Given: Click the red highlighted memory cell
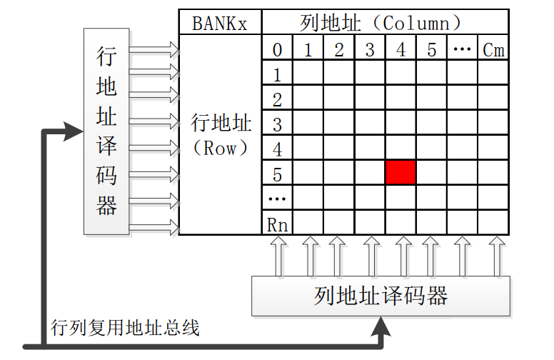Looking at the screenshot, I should click(x=401, y=173).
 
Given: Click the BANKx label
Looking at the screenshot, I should click(x=220, y=22).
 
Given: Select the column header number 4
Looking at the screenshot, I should click(x=401, y=50).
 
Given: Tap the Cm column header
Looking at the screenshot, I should click(x=493, y=50).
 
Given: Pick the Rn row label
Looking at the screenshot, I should click(x=277, y=224).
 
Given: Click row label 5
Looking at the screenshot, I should click(x=277, y=174).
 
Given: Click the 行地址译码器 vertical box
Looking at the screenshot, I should click(x=106, y=131).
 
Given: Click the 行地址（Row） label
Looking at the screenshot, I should click(x=221, y=136).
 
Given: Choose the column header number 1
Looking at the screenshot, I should click(x=308, y=50).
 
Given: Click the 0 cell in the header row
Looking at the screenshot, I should click(x=277, y=50).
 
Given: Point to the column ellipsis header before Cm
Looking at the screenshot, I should click(x=462, y=50).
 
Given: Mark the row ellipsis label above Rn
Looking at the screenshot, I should click(x=277, y=199).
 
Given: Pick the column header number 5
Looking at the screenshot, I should click(x=431, y=50).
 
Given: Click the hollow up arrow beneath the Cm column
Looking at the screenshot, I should click(x=494, y=256).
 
